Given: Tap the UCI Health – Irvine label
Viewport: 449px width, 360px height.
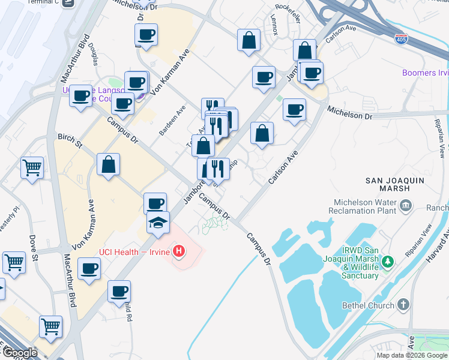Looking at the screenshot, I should pyautogui.click(x=135, y=250).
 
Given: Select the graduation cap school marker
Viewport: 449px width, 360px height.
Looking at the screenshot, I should pyautogui.click(x=158, y=223).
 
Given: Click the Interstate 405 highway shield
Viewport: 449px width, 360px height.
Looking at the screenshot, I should pyautogui.click(x=401, y=39).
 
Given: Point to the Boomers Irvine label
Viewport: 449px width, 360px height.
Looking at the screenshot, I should pyautogui.click(x=425, y=73).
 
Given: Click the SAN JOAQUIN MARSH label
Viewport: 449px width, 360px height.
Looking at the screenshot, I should pyautogui.click(x=395, y=184).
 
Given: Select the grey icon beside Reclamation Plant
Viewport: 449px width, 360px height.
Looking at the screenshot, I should pyautogui.click(x=406, y=206).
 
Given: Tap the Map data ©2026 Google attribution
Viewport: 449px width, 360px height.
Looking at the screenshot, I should pyautogui.click(x=411, y=355).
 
